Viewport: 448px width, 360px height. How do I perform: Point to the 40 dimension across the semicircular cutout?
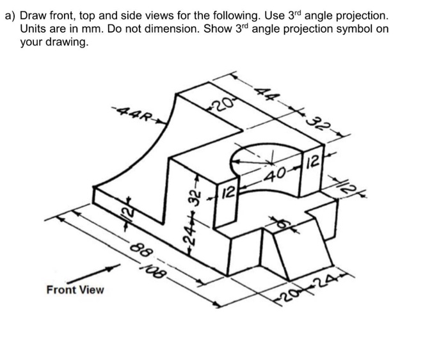pos(276,175)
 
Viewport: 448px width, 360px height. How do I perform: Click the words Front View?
pos(75,290)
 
